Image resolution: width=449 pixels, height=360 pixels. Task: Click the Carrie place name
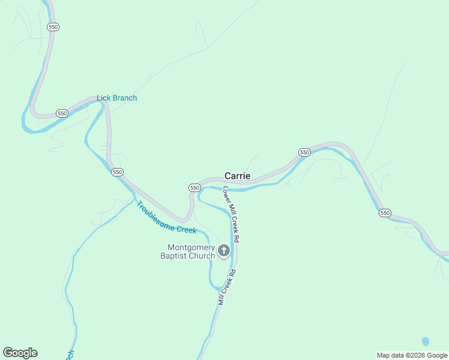(237, 176)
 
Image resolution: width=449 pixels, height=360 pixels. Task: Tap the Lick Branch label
(116, 98)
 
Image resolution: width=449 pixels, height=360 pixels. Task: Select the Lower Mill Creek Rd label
(232, 214)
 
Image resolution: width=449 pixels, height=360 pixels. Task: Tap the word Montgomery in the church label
(191, 247)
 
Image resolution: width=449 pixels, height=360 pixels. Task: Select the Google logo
(20, 353)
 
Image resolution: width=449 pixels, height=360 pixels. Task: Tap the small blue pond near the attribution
(426, 341)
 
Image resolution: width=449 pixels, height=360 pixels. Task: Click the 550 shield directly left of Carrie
(194, 188)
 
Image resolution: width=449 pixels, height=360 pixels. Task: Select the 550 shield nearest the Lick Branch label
(62, 113)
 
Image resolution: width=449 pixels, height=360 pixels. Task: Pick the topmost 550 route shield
(53, 27)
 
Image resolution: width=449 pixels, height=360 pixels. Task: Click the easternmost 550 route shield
(385, 213)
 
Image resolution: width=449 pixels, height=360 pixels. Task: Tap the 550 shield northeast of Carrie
(304, 152)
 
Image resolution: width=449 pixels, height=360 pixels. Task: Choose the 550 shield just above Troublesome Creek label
(117, 172)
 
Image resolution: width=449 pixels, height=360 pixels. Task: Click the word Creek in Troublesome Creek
(185, 229)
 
